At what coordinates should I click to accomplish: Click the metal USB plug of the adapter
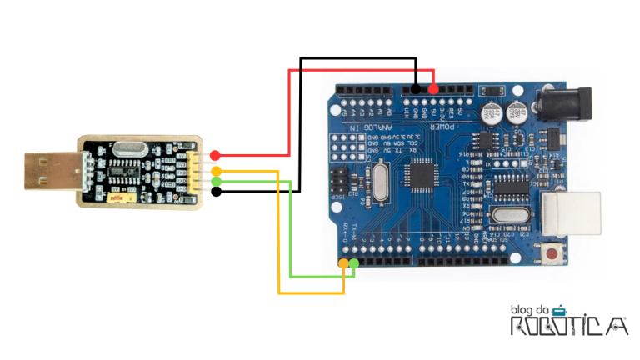49,172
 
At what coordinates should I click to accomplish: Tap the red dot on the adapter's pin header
215,155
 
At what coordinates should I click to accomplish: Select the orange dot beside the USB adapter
216,171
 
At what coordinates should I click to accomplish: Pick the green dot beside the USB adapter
216,181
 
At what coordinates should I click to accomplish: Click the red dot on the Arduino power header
433,88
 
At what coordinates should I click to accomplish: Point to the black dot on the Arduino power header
416,88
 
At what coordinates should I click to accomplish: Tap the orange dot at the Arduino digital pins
343,263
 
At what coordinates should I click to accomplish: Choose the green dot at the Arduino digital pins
354,263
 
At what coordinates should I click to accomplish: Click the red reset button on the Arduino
552,252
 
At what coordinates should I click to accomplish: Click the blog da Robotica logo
568,321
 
